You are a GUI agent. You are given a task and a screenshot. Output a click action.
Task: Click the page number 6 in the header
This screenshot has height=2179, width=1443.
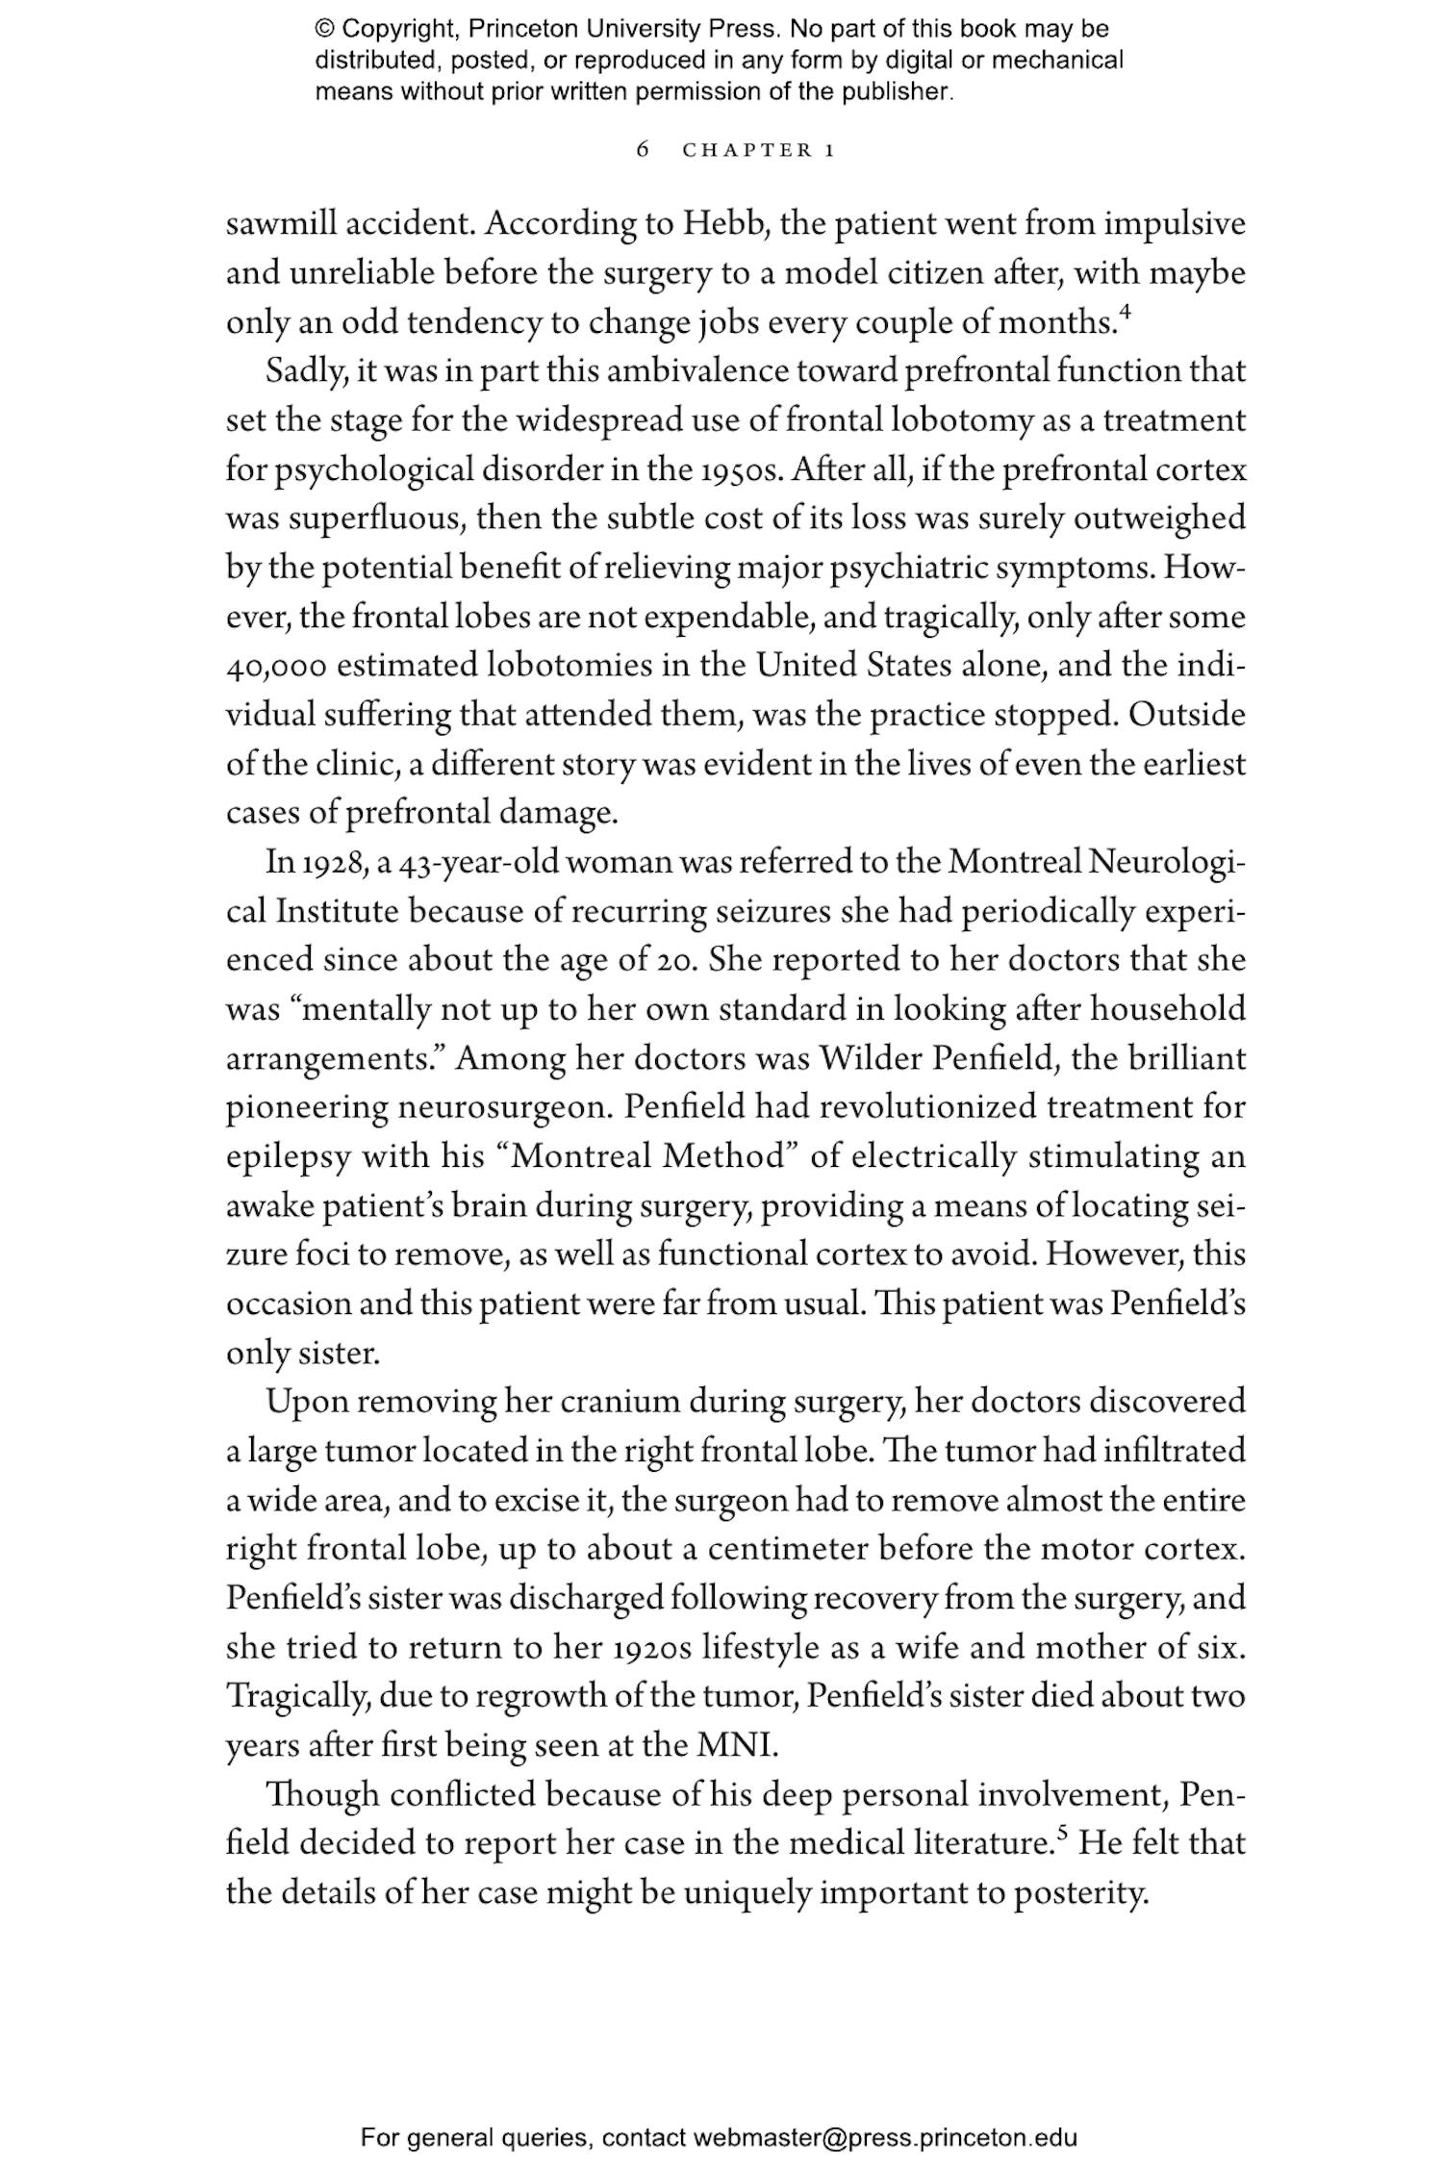click(x=644, y=150)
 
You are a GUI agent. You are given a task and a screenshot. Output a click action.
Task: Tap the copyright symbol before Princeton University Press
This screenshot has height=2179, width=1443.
click(x=323, y=29)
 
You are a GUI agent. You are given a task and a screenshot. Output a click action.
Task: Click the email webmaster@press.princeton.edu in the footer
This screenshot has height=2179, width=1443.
click(x=884, y=2138)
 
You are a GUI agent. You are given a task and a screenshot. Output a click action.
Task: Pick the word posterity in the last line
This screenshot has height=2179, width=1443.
click(x=1080, y=1893)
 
